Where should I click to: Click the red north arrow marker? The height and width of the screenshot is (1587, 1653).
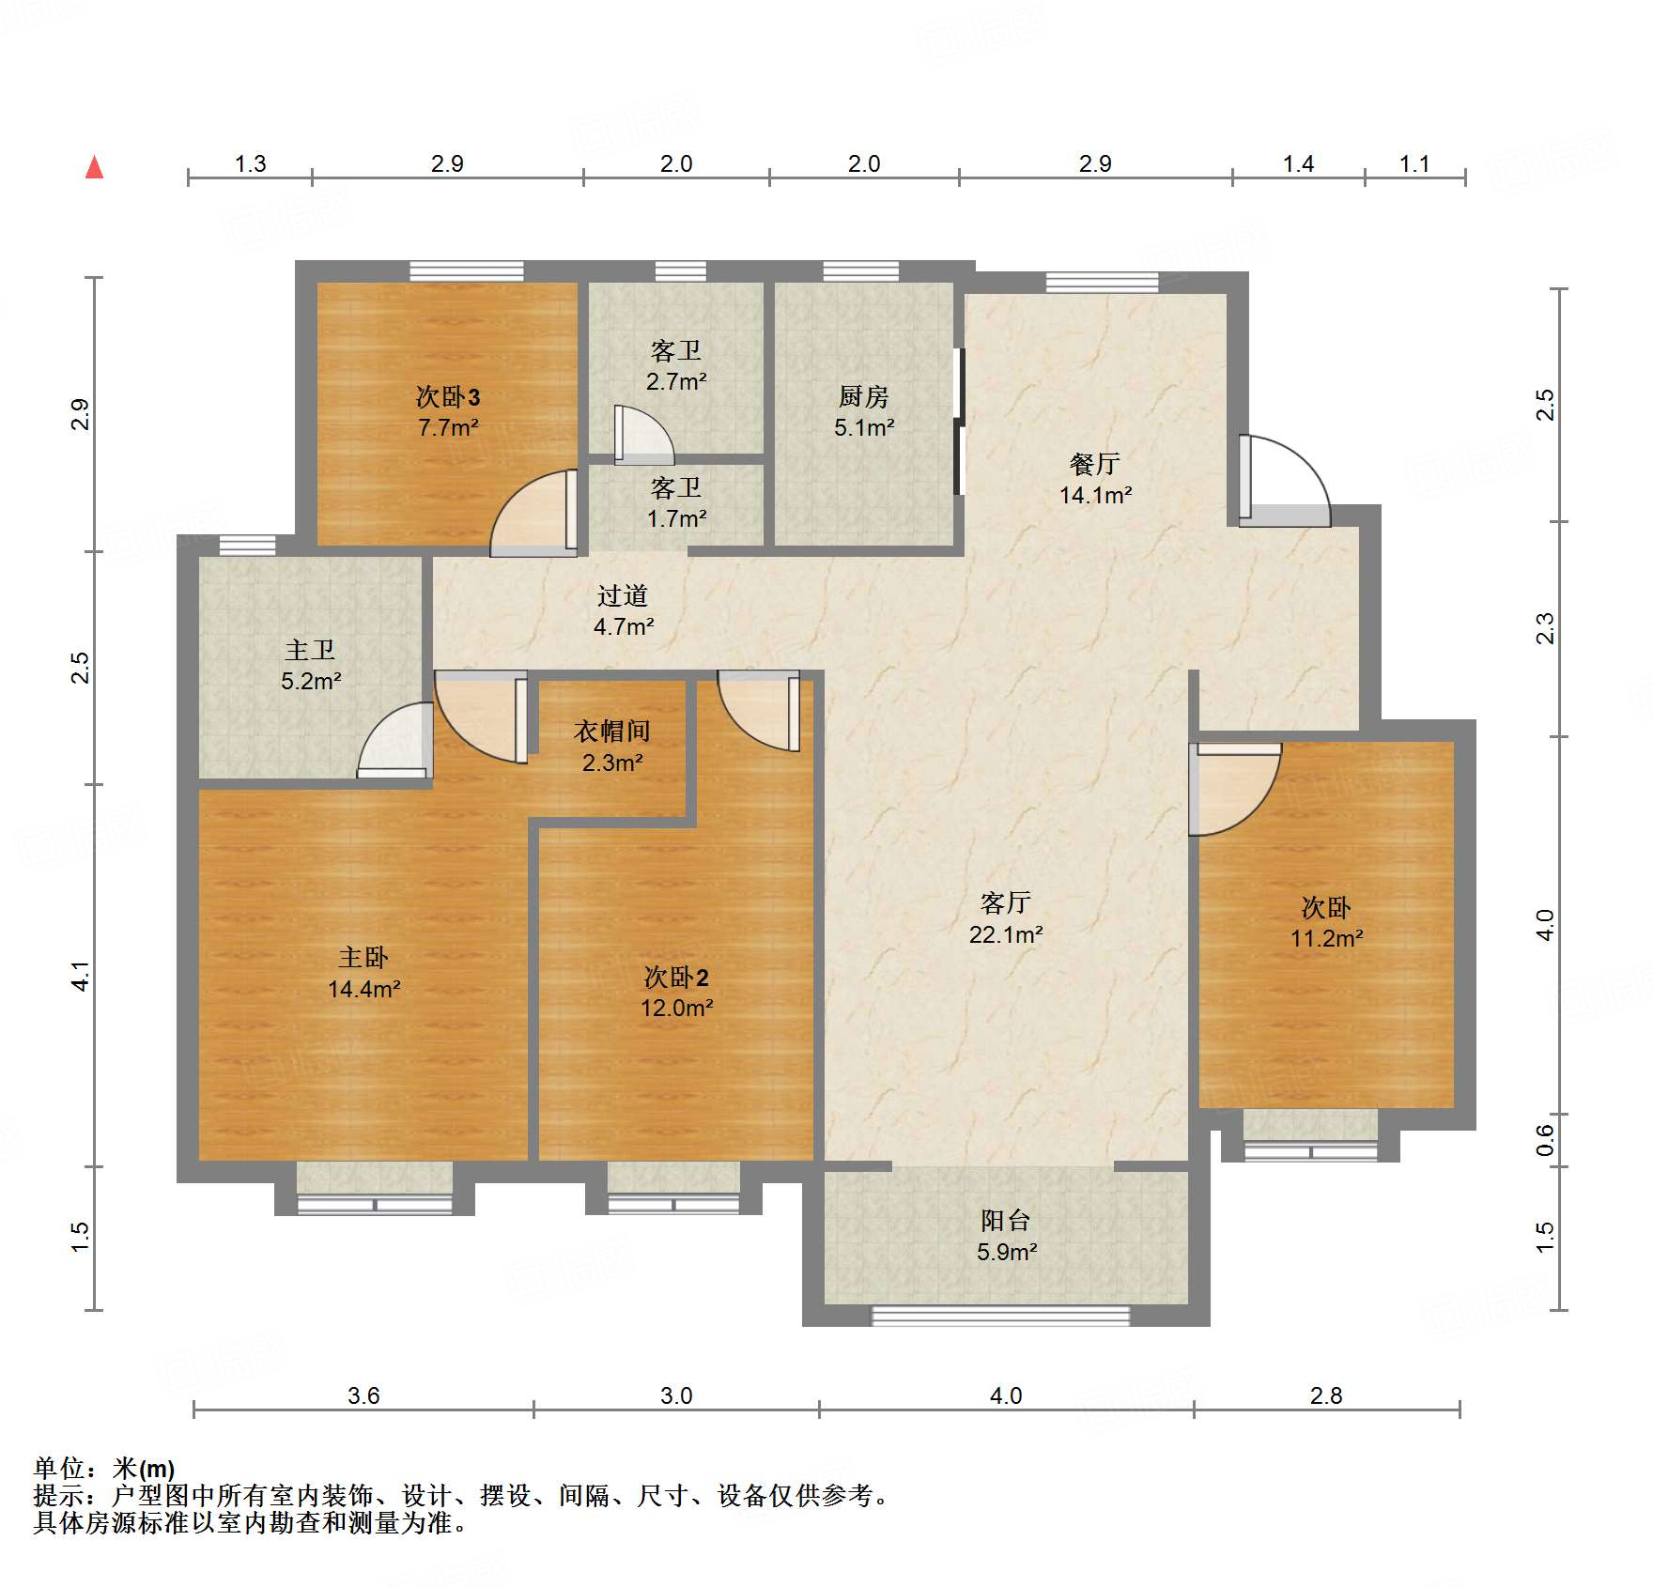click(x=94, y=168)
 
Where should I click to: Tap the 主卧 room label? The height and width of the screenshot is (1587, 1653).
click(x=363, y=958)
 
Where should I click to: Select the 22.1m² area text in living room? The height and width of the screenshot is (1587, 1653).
click(x=1006, y=934)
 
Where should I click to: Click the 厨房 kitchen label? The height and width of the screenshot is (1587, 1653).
click(x=863, y=397)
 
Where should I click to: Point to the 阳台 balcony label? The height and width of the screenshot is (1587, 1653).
click(x=1006, y=1221)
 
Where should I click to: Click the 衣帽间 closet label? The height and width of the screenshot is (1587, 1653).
click(x=612, y=732)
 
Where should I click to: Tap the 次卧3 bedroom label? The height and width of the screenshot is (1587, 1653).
click(x=448, y=397)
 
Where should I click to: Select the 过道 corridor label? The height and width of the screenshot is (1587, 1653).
click(x=623, y=595)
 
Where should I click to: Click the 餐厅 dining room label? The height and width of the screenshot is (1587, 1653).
click(x=1095, y=464)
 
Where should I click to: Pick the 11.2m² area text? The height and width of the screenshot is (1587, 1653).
click(x=1326, y=938)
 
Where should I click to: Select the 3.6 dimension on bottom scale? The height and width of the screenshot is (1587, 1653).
click(x=363, y=1395)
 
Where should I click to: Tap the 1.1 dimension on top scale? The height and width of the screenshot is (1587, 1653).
click(x=1414, y=164)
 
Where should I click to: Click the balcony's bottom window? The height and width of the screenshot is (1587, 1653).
click(x=1001, y=1316)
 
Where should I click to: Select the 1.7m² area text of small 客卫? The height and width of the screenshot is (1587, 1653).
click(x=676, y=518)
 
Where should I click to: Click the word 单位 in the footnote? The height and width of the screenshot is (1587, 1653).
click(x=59, y=1468)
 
